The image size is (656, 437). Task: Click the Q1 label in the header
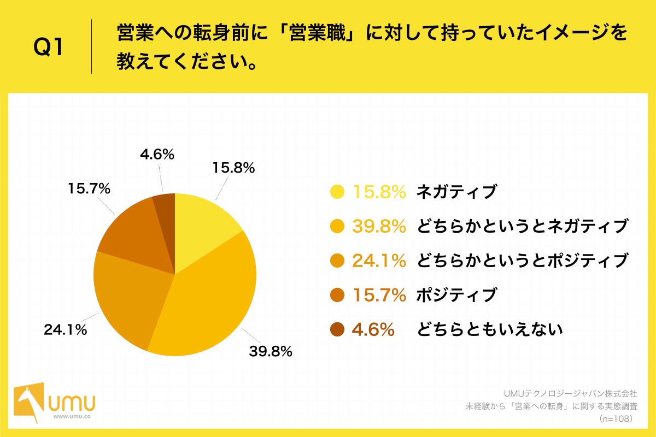[x=49, y=48]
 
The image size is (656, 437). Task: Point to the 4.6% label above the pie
[x=157, y=155]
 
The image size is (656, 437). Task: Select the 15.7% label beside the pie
[x=90, y=189]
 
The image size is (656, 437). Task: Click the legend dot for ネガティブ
[x=337, y=192]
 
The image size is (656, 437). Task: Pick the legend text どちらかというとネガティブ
[x=522, y=226]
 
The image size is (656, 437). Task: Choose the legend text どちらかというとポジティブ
[x=522, y=261]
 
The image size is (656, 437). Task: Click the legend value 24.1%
[x=379, y=261]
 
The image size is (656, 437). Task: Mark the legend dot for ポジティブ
[x=337, y=296]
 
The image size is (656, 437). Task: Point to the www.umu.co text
[x=72, y=416]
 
